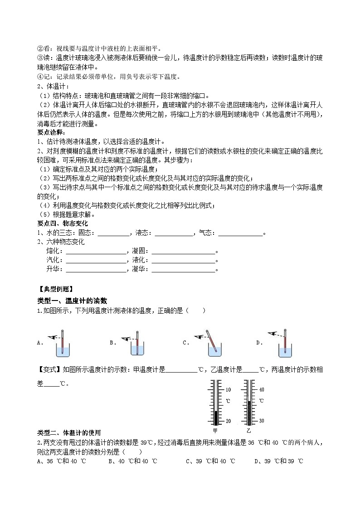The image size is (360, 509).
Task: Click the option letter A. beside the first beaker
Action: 40,343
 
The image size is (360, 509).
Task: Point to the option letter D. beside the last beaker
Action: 259,343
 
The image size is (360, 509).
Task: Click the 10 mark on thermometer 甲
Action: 228,389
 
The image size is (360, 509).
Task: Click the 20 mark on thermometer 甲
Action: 228,421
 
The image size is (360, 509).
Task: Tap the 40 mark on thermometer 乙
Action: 261,389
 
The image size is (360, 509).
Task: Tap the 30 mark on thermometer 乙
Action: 261,421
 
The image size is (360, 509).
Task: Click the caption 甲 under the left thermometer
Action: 215,430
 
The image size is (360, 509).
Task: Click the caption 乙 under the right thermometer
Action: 248,430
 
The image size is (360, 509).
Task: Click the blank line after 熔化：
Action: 96,252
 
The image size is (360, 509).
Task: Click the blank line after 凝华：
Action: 183,270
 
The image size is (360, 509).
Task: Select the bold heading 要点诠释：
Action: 51,132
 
